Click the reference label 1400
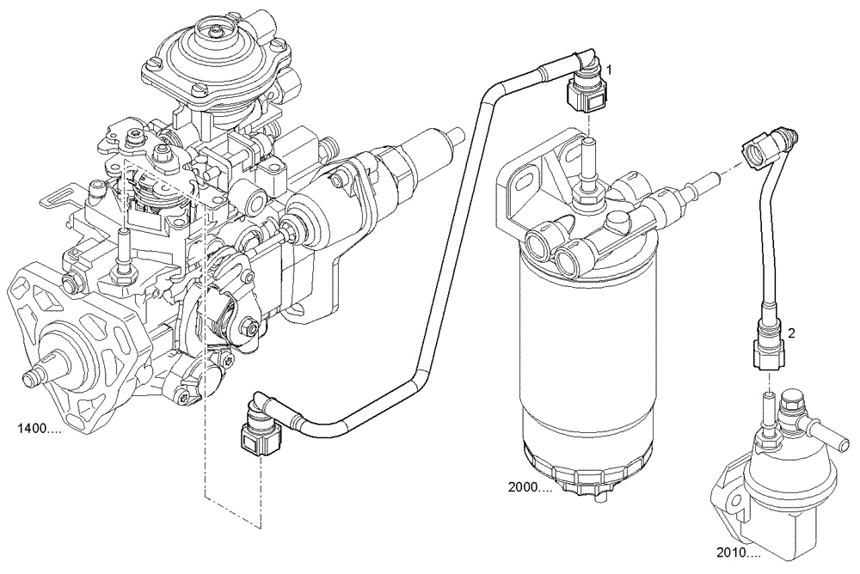click(x=37, y=427)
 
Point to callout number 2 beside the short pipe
click(x=790, y=331)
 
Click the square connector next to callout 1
click(x=585, y=97)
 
